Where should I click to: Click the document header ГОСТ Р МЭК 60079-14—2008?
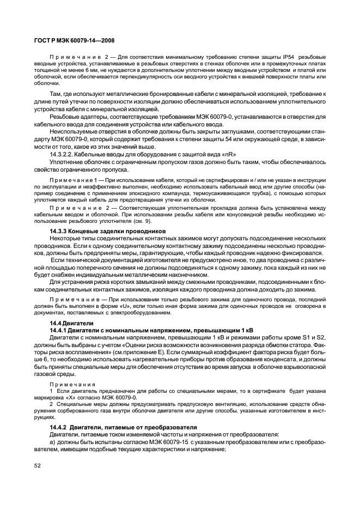coord(74,40)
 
